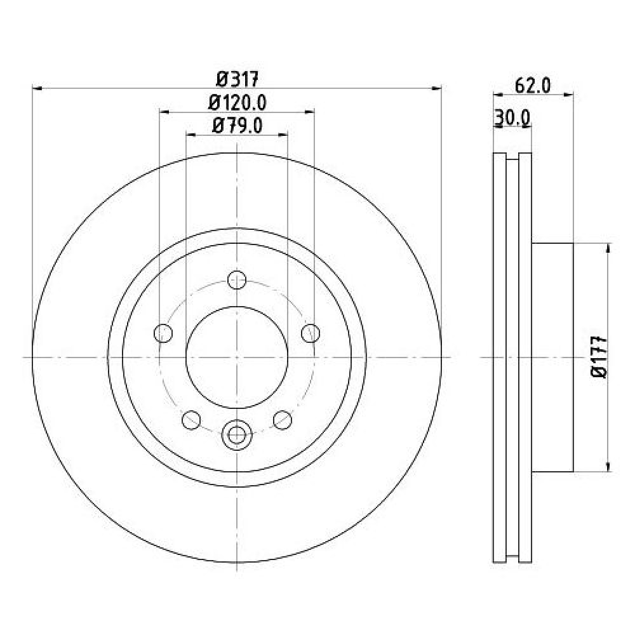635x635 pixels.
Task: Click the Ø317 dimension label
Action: tap(237, 79)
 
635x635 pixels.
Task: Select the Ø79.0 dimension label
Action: tap(237, 126)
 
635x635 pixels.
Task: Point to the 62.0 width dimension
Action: tap(533, 86)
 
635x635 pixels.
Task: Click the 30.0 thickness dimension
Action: tap(512, 118)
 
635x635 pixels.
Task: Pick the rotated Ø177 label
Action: tap(600, 357)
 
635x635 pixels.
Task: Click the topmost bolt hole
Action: tap(237, 280)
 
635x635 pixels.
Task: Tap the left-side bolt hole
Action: tap(163, 333)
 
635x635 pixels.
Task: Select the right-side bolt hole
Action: tap(311, 333)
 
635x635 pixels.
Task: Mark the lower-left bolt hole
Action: tap(191, 420)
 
